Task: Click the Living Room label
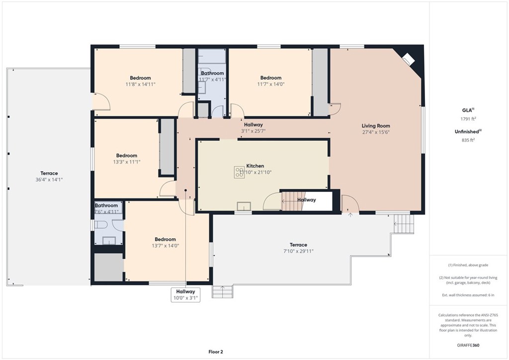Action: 376,126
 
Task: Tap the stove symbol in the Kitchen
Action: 239,172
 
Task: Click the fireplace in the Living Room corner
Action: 408,59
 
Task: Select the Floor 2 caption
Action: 216,352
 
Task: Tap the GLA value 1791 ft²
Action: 467,119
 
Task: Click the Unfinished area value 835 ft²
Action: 467,140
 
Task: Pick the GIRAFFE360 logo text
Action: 467,345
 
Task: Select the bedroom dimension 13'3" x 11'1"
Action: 126,162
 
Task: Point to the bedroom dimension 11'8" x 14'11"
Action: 140,84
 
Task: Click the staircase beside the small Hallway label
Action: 289,200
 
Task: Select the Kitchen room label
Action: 255,166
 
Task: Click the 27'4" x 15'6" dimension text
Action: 376,132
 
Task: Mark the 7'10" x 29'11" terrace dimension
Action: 298,251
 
